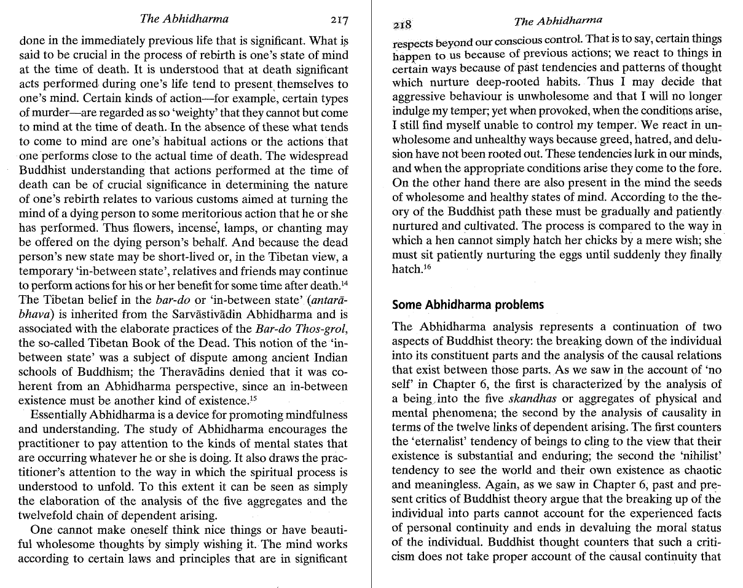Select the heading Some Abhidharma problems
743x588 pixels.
[468, 304]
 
